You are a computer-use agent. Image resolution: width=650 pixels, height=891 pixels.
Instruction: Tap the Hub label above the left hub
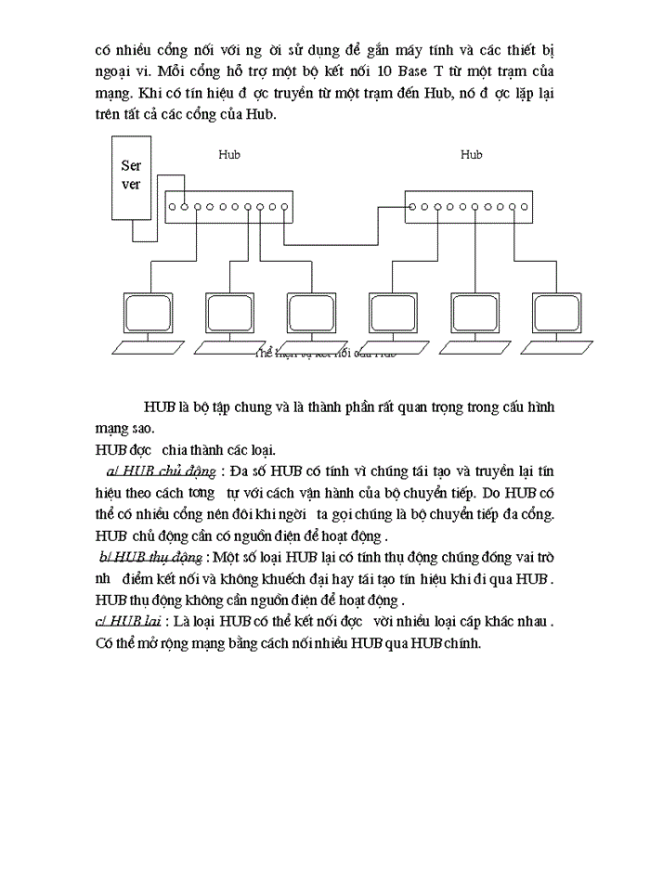click(x=228, y=155)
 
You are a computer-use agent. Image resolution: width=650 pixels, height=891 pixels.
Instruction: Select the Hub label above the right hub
click(x=471, y=155)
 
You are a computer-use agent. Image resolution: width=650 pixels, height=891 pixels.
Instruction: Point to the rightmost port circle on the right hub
click(x=524, y=207)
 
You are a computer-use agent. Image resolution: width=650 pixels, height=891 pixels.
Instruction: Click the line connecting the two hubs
click(x=344, y=244)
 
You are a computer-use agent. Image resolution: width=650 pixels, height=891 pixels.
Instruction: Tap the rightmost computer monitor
click(x=557, y=317)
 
